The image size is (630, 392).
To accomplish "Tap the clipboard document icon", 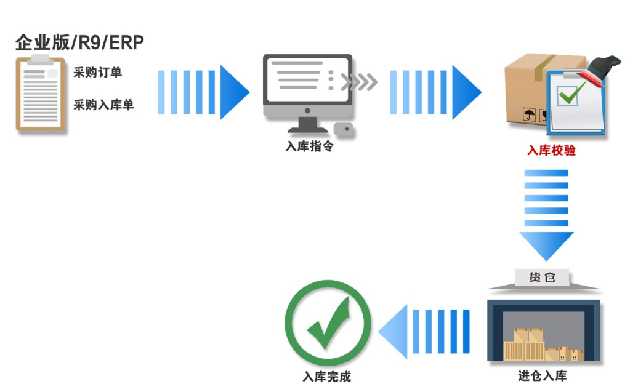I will (x=40, y=94).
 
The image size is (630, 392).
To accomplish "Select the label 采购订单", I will (x=97, y=73).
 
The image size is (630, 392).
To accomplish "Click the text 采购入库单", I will (x=103, y=105).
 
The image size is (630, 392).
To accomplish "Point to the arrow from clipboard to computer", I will (x=203, y=92).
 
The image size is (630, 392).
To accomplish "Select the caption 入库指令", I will (x=309, y=147).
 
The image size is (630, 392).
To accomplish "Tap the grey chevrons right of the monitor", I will (x=359, y=82).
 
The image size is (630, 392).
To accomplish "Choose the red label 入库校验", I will (x=551, y=150).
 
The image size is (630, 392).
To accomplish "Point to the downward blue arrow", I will (x=546, y=212).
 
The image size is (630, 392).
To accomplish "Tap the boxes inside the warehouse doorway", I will (x=543, y=346).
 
